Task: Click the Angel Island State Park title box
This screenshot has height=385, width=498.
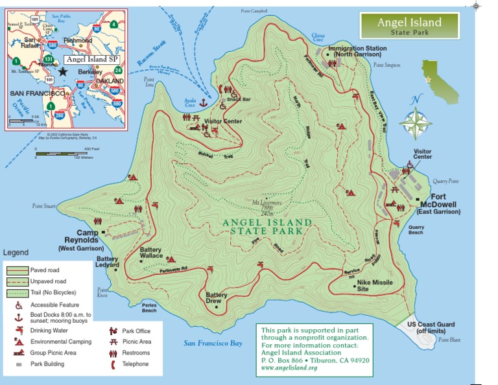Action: tap(409, 26)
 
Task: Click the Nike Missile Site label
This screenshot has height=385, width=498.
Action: tap(372, 285)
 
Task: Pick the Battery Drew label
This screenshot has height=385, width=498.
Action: tap(217, 298)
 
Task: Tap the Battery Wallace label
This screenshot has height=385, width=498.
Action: tap(151, 253)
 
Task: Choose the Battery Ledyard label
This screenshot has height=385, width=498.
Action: tap(107, 262)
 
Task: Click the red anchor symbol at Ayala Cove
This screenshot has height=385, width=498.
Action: tap(202, 102)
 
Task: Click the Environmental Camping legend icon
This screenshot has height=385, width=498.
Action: tap(18, 341)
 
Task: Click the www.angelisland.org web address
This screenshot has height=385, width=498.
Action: tap(289, 368)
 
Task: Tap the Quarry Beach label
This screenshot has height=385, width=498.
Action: tap(416, 230)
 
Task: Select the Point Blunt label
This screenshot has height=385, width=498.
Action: tap(449, 340)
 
